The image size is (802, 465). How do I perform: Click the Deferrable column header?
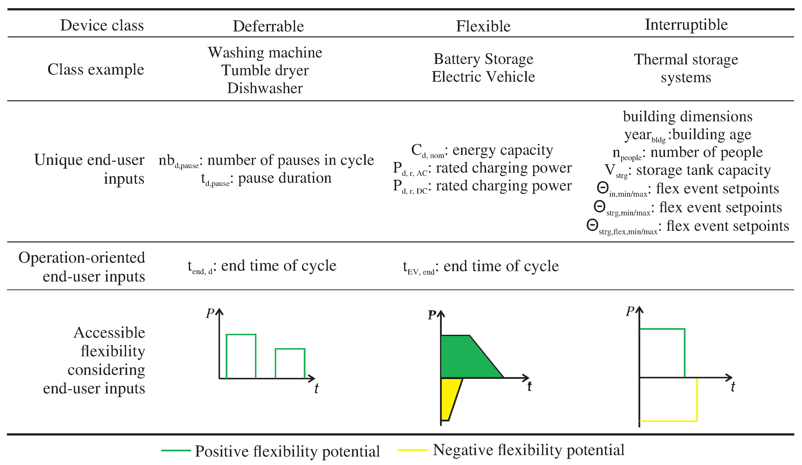click(x=268, y=26)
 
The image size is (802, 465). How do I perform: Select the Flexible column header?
click(x=483, y=26)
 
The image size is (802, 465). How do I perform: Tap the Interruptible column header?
click(x=686, y=25)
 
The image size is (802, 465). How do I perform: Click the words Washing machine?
click(x=265, y=52)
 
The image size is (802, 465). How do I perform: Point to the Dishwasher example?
click(x=265, y=88)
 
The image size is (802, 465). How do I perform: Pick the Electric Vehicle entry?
click(x=483, y=77)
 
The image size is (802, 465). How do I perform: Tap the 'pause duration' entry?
click(x=284, y=178)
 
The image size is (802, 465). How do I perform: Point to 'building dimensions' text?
click(x=688, y=116)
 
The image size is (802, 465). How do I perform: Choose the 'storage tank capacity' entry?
click(x=703, y=170)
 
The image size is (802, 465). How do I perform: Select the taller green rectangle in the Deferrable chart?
click(x=241, y=356)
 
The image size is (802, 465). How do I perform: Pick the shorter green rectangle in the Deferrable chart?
click(x=290, y=363)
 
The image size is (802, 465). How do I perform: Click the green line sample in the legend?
click(x=176, y=451)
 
